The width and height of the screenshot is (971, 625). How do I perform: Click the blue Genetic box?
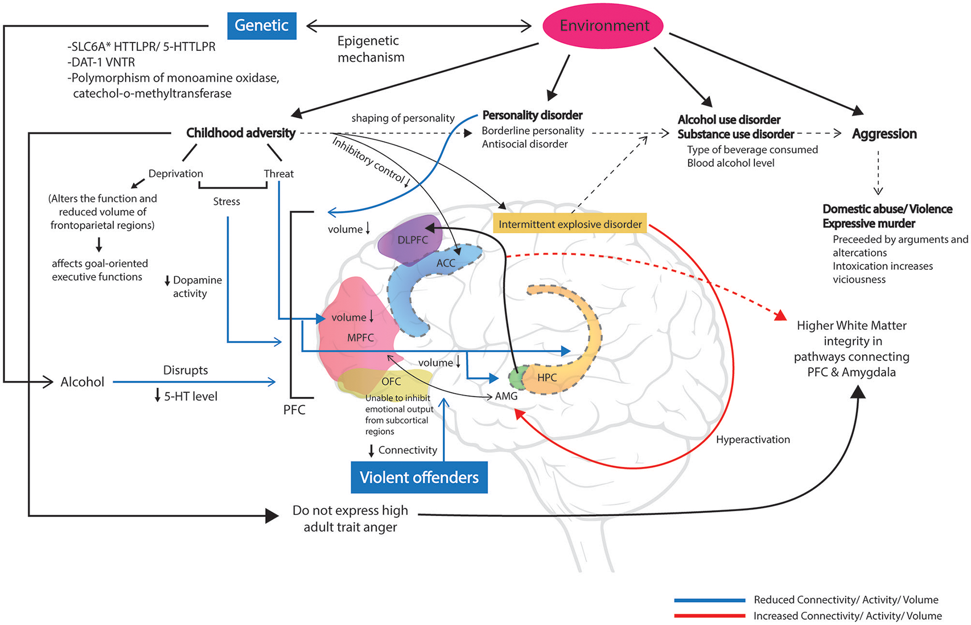[x=261, y=26]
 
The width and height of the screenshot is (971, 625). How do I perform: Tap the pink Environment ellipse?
[x=603, y=26]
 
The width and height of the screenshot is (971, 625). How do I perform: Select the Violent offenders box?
[x=419, y=477]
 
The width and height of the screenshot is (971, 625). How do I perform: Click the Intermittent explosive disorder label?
[x=570, y=224]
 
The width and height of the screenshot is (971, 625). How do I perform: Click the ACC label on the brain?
[x=445, y=263]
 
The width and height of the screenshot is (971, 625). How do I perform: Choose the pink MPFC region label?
[x=360, y=338]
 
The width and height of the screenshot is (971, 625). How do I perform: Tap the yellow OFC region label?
[x=391, y=381]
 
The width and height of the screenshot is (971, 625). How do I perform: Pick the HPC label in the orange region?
[x=547, y=377]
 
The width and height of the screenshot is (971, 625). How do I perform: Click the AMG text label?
[x=506, y=396]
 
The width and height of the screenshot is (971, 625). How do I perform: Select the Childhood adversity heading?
[x=241, y=133]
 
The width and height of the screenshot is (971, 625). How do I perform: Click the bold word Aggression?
[x=884, y=134]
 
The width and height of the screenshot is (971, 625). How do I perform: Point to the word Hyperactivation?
[x=752, y=439]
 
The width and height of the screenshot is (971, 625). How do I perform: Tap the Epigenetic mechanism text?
[x=370, y=49]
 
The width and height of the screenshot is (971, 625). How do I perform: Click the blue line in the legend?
[x=710, y=600]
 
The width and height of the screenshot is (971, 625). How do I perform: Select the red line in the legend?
[x=710, y=616]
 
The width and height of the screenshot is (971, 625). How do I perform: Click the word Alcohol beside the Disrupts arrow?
[x=82, y=382]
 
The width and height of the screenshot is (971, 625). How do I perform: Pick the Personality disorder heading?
[x=532, y=115]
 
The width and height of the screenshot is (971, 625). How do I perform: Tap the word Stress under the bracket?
[x=226, y=201]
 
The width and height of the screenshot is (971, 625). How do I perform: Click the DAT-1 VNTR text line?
[x=101, y=62]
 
